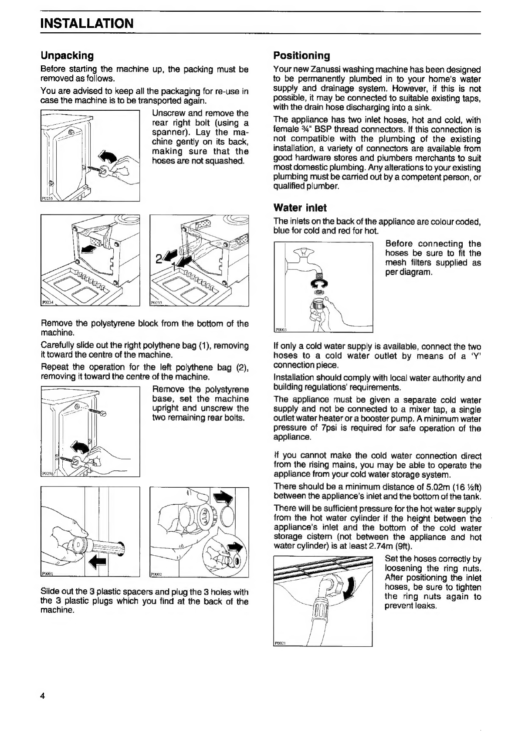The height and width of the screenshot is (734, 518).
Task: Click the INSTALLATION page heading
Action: pyautogui.click(x=87, y=23)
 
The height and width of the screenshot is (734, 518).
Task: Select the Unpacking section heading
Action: pyautogui.click(x=67, y=55)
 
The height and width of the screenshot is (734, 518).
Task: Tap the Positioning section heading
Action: pyautogui.click(x=301, y=55)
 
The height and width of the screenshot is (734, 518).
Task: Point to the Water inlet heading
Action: pyautogui.click(x=300, y=207)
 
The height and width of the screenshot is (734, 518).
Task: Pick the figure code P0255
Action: pyautogui.click(x=45, y=198)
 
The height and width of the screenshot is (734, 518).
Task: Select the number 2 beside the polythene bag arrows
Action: pyautogui.click(x=159, y=259)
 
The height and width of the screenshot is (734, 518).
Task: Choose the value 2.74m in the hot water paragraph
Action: pyautogui.click(x=380, y=547)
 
